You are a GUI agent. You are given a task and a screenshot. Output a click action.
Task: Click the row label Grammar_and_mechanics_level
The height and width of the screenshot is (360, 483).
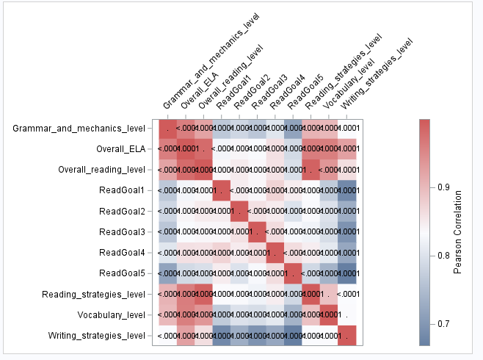[79, 129]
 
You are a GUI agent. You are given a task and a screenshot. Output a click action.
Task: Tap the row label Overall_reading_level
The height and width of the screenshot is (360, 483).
[101, 170]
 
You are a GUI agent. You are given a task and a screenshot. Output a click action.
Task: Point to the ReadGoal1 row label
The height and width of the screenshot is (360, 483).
[122, 190]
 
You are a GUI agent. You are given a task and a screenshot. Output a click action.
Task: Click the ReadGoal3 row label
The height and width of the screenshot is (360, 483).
[122, 231]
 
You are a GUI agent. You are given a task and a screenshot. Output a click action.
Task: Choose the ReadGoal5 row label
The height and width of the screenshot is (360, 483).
[122, 273]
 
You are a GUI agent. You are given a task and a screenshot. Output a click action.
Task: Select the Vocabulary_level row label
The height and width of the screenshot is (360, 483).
[112, 314]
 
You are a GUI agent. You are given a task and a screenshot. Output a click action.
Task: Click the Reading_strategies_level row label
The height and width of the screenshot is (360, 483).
[94, 294]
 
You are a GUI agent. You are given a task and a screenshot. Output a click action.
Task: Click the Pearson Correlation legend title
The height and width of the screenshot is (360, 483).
[457, 230]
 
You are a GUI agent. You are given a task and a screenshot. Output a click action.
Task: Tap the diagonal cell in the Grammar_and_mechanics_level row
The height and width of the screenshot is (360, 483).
[169, 129]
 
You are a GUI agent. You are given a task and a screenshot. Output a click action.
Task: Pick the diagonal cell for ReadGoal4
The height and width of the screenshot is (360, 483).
[273, 252]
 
